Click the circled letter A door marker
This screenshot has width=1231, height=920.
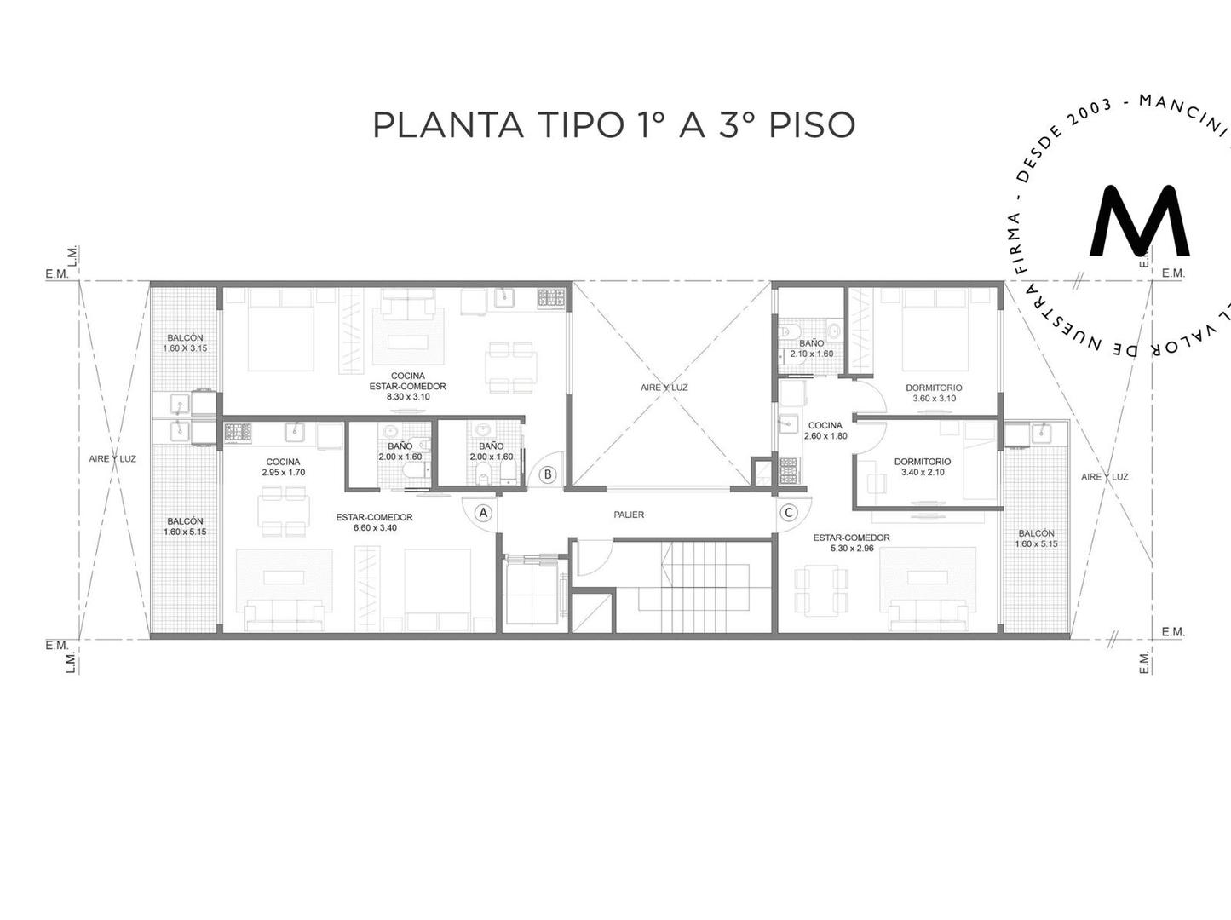point(483,513)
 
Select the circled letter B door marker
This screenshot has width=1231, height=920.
point(548,474)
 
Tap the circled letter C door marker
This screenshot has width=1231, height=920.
point(789,513)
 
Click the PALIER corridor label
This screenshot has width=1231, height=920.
point(629,515)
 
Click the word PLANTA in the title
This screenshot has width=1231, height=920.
point(448,124)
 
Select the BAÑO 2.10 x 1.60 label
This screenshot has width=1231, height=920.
point(811,348)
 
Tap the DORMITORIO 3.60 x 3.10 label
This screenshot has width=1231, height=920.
point(934,393)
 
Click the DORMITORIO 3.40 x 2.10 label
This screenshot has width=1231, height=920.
point(922,467)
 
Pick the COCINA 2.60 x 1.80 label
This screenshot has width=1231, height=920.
point(825,430)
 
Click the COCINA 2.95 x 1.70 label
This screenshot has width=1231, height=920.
point(283,467)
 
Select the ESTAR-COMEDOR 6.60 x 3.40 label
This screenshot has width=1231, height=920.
point(374,522)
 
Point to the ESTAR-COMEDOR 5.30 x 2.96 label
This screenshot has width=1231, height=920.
point(851,543)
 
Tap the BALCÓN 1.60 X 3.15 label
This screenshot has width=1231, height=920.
point(185,342)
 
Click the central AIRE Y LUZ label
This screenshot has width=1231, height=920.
point(664,388)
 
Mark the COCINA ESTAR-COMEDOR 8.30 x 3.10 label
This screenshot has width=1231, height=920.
point(407,386)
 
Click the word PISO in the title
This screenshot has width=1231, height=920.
point(812,124)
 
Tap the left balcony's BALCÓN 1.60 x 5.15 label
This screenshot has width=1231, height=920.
point(185,526)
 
